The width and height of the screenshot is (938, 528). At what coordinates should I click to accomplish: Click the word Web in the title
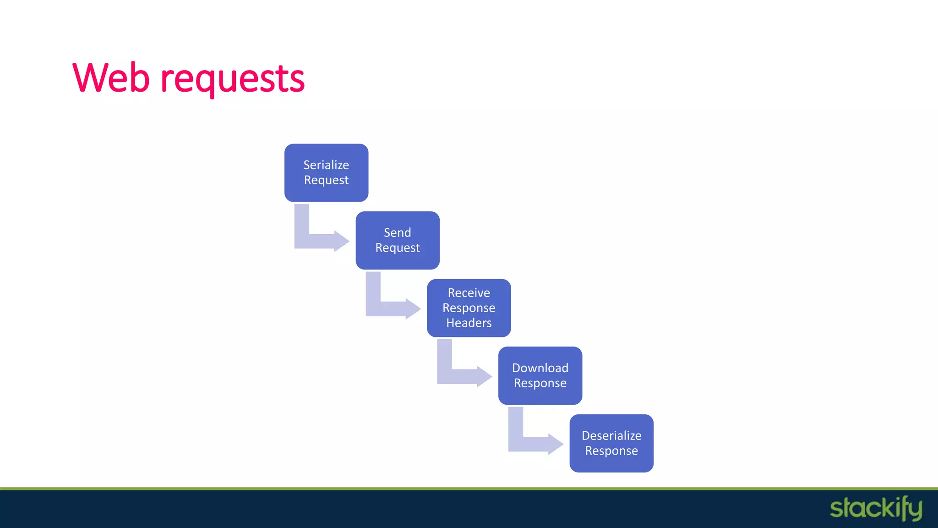pos(111,78)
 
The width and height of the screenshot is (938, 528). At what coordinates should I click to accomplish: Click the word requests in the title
pos(232,79)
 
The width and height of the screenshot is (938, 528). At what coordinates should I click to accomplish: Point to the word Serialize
pos(326,165)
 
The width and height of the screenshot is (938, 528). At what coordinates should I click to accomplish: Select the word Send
pos(397,233)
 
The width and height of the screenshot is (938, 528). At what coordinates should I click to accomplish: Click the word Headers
pos(469,323)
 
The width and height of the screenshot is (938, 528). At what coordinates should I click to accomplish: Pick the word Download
pos(540,368)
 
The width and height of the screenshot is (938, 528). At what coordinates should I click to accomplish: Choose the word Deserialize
pos(611,436)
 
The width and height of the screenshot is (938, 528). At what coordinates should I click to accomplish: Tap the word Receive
pos(469,293)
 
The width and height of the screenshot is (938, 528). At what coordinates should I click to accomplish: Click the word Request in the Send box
pos(398,248)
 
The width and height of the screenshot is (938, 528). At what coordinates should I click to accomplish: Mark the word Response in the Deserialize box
pos(611,451)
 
